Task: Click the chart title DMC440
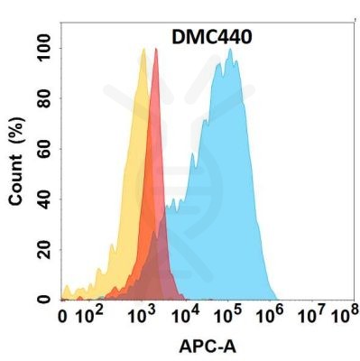[213, 37]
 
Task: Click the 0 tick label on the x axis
[62, 316]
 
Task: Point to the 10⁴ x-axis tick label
[187, 315]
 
